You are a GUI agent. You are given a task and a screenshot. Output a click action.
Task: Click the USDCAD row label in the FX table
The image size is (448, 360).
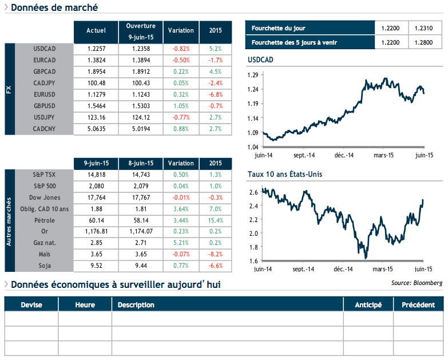[x=45, y=49]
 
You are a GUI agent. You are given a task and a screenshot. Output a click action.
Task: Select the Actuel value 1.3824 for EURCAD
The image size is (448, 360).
[x=96, y=60]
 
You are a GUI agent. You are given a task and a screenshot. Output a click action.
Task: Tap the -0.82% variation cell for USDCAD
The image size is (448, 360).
[x=181, y=49]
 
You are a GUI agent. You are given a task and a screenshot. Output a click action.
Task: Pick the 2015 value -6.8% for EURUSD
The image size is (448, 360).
[x=215, y=94]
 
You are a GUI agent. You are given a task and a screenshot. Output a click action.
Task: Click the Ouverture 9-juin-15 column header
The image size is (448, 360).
[x=141, y=30]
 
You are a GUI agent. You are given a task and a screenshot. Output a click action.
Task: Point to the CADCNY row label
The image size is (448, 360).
[x=45, y=129]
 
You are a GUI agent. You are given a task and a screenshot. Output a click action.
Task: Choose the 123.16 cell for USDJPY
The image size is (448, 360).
[x=96, y=117]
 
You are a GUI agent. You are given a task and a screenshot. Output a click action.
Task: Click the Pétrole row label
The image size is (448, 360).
[x=45, y=220]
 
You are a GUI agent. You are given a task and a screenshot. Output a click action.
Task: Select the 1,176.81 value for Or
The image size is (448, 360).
[x=96, y=232]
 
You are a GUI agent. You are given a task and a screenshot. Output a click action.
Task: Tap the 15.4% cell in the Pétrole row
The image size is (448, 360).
[x=215, y=220]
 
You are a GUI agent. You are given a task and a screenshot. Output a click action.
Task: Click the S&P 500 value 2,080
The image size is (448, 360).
[x=96, y=186]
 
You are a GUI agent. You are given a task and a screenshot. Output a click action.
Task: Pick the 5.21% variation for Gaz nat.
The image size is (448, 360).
[x=181, y=243]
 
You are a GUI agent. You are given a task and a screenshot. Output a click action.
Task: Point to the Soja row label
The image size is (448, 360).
[x=45, y=266]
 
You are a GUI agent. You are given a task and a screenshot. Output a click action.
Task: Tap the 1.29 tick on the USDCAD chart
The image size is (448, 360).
[x=253, y=75]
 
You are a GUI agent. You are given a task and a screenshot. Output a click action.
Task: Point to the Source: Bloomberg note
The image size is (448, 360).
[x=417, y=283]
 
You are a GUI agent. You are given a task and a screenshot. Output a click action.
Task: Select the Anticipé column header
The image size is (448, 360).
[x=368, y=304]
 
